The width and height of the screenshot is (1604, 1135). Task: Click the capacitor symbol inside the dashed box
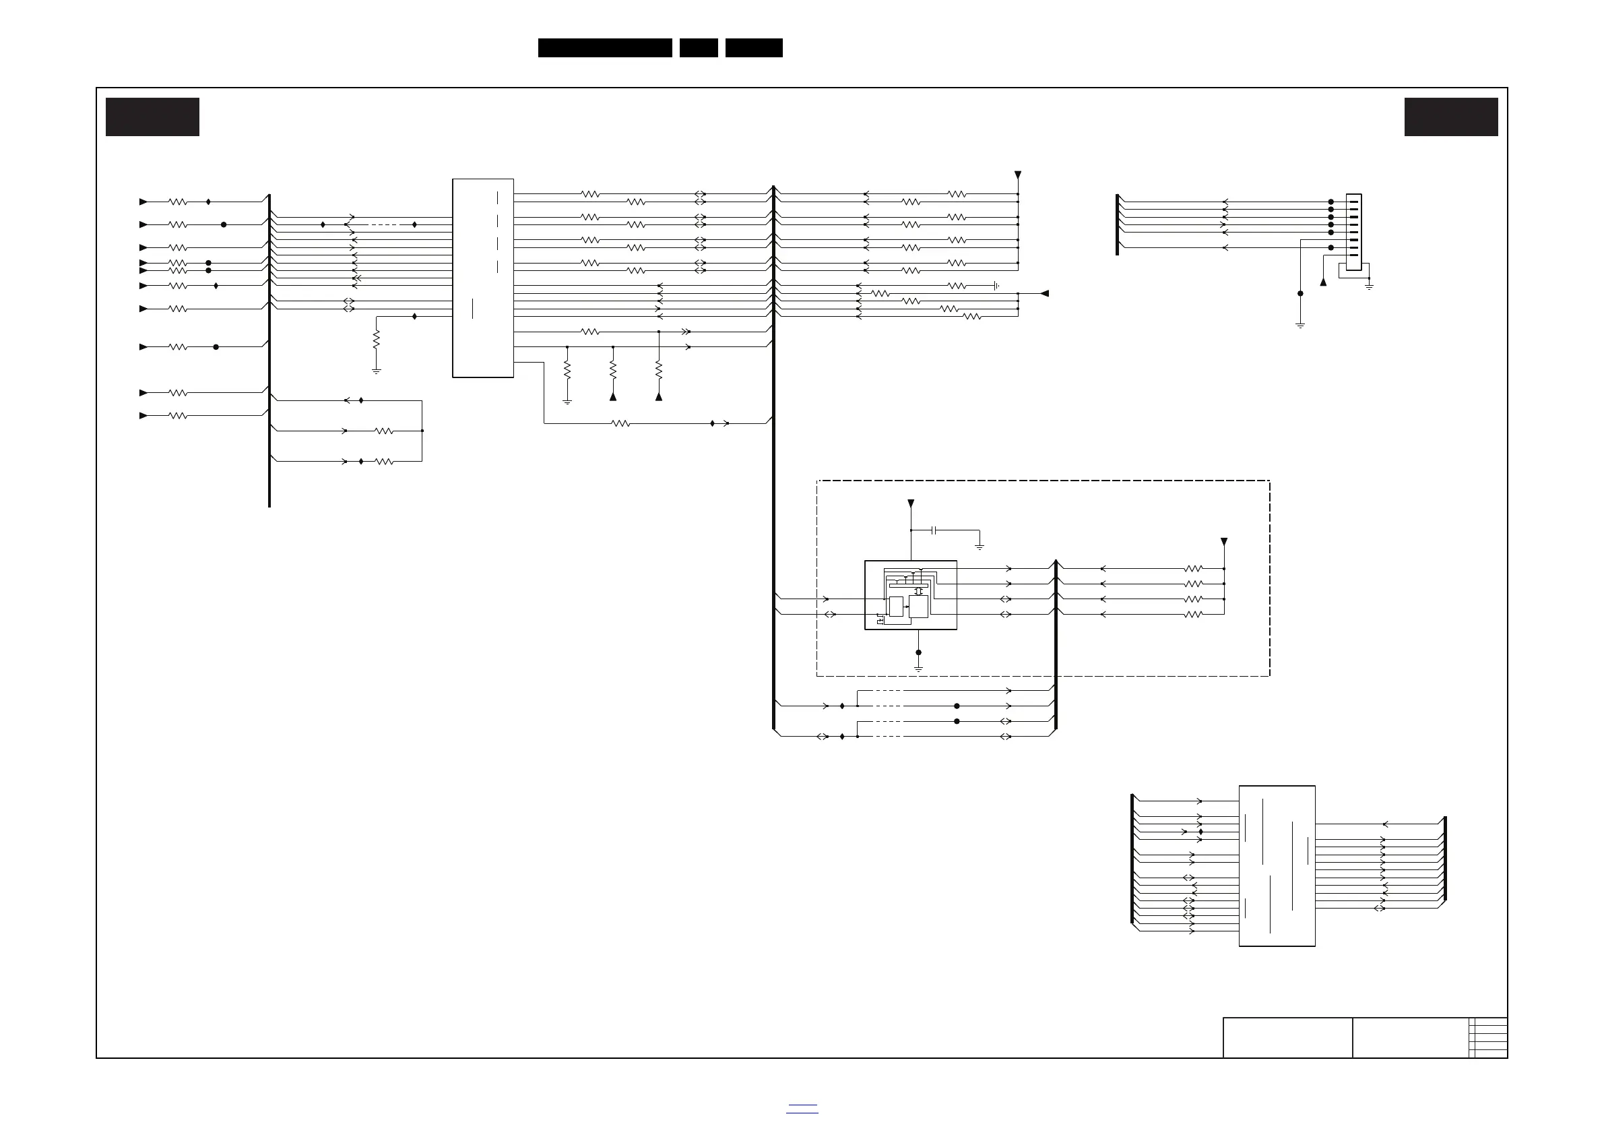(934, 530)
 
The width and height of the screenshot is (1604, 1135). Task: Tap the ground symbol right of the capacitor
(980, 547)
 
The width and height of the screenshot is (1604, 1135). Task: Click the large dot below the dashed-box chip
(919, 653)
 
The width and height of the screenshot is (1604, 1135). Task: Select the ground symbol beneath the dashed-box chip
(919, 669)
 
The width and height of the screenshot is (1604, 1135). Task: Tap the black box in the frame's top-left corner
(152, 117)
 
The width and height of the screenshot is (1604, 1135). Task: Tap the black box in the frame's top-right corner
(1451, 117)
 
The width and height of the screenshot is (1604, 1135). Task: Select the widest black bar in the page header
(605, 48)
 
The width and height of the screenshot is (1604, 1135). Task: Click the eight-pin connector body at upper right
(1353, 232)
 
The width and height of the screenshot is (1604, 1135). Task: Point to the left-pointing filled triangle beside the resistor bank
(1044, 294)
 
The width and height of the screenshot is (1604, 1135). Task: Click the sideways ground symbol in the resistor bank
(996, 286)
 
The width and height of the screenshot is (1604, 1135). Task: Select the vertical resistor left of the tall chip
(377, 340)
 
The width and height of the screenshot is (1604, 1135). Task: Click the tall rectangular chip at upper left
(483, 278)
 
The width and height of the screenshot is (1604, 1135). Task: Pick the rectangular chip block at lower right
(1277, 866)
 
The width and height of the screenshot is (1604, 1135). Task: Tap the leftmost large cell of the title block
(1287, 1038)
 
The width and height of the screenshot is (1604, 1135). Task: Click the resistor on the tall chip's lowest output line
(620, 423)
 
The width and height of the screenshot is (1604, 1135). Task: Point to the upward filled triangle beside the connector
(1323, 282)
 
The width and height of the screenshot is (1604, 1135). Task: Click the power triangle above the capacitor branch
(911, 503)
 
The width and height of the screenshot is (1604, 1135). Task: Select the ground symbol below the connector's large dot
(1300, 325)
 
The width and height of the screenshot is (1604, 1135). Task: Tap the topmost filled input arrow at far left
(143, 202)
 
